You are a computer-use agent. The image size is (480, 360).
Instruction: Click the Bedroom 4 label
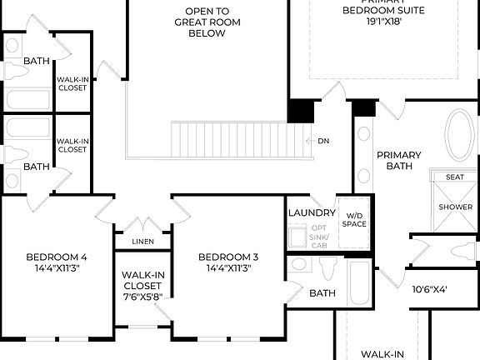(x=56, y=257)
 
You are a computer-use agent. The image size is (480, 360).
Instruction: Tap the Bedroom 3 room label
(x=228, y=257)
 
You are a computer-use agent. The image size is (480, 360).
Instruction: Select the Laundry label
(x=312, y=212)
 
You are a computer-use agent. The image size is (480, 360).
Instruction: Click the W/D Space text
(x=355, y=219)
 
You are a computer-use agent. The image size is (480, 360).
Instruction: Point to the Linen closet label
(x=143, y=242)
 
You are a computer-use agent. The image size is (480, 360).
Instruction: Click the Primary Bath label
(x=398, y=161)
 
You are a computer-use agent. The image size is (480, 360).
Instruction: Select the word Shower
(x=455, y=207)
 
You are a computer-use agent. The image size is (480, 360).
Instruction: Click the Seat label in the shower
(x=455, y=177)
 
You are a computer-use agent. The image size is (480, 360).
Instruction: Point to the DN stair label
(x=323, y=141)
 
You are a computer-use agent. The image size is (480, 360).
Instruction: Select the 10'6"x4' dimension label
(x=430, y=290)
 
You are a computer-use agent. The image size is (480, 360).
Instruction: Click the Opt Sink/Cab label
(x=319, y=236)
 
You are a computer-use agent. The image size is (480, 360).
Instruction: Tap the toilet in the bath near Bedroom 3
(x=328, y=267)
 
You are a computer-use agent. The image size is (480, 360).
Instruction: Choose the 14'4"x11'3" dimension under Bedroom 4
(x=56, y=268)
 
